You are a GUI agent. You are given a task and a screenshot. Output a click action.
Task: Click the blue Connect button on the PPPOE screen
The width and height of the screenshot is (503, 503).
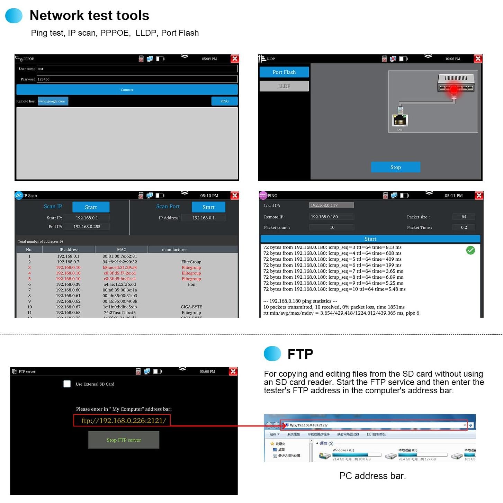(127, 90)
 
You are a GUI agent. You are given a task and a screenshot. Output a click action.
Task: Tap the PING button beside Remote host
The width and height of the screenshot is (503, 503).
(224, 101)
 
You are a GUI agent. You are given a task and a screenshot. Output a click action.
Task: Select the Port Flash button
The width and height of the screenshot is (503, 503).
(284, 72)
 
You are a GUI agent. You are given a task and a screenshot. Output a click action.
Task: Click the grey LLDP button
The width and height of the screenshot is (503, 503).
(284, 86)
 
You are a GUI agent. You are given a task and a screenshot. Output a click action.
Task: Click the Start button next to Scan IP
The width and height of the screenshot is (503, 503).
(91, 207)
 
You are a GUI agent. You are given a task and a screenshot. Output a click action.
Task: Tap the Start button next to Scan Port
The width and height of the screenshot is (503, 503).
(208, 207)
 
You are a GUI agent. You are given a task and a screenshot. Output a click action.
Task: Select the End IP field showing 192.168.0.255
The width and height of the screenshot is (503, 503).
(87, 226)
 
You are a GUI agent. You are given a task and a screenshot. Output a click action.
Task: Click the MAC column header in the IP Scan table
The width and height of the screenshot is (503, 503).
(122, 249)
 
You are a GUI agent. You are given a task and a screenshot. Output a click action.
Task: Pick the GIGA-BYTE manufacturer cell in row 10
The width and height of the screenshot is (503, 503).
(191, 307)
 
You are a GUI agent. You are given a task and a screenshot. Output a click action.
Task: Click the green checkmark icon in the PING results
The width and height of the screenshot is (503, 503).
(470, 250)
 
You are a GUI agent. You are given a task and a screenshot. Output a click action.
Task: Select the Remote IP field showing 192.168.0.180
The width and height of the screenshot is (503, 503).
(331, 217)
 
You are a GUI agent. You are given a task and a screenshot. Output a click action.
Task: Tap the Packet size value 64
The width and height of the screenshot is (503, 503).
(464, 217)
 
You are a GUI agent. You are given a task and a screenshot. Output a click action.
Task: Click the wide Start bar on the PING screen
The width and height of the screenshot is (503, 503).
(370, 239)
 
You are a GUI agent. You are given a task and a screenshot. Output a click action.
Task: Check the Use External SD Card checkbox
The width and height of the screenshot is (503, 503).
(67, 384)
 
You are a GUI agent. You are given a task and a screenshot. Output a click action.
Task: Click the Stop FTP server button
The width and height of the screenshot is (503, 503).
(124, 440)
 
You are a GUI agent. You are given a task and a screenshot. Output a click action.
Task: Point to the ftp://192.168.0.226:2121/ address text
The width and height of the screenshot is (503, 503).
(124, 421)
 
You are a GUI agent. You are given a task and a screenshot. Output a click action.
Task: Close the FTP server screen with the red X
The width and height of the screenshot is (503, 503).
(233, 371)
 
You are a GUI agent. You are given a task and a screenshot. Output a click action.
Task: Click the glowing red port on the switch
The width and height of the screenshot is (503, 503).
(454, 89)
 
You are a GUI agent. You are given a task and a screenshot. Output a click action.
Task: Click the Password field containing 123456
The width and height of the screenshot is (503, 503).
(137, 79)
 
